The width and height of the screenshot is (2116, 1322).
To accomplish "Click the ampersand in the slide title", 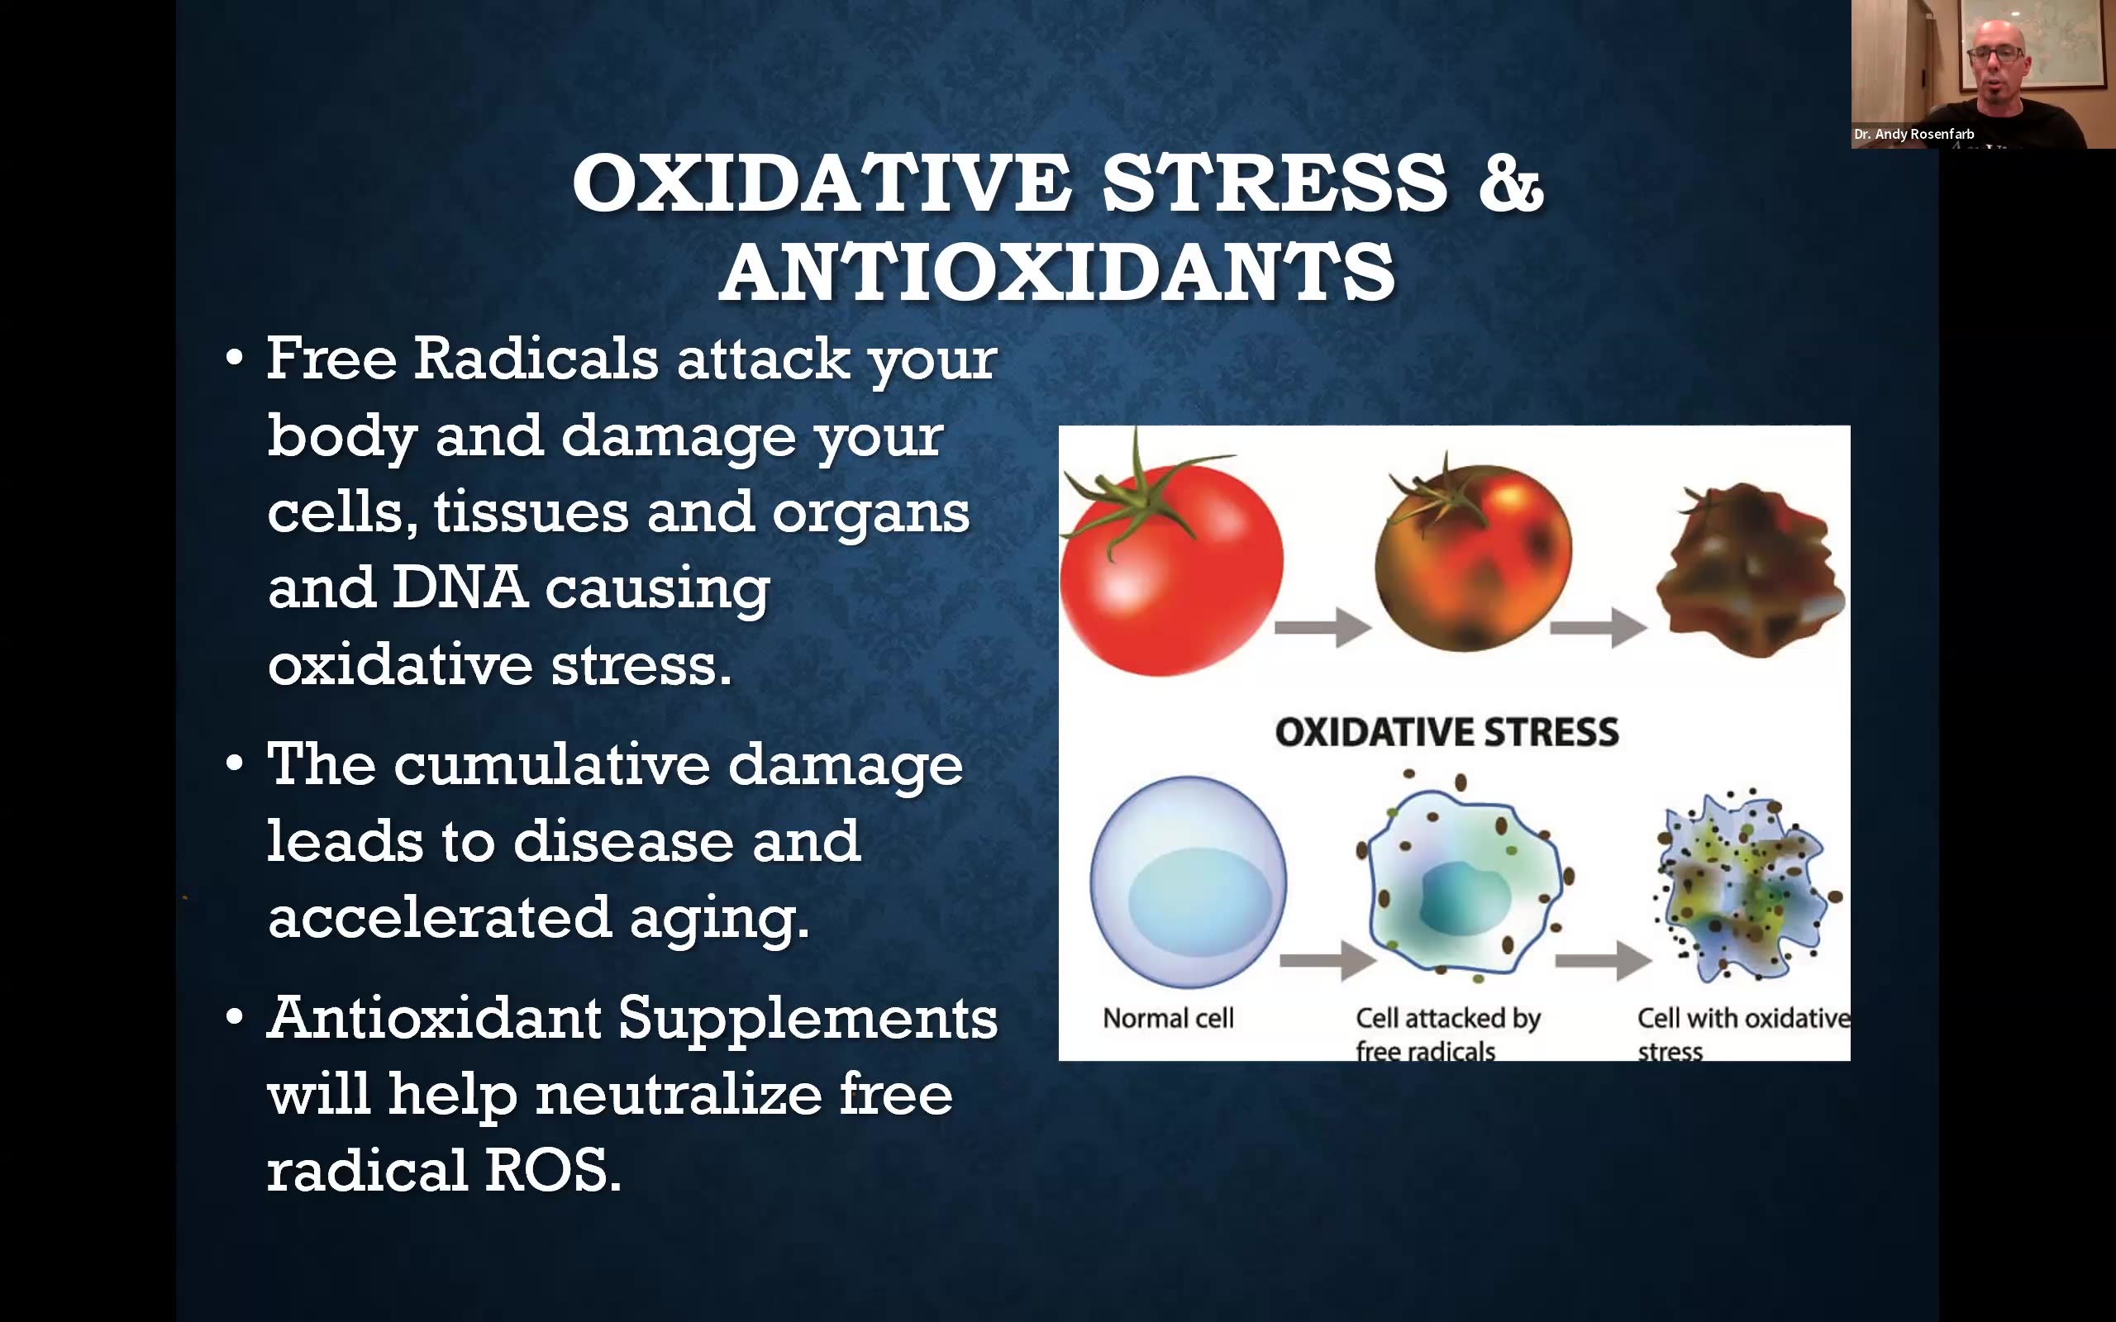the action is tap(1511, 183).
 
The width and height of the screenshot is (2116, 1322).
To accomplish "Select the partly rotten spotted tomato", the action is tap(1472, 554).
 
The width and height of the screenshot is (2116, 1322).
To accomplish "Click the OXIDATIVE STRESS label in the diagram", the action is tap(1447, 732).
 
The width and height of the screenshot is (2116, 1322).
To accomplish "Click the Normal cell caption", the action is tap(1168, 1019).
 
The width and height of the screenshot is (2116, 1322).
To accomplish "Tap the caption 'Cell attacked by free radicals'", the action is tap(1448, 1034).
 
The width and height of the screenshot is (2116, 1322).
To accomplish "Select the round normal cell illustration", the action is tap(1189, 883).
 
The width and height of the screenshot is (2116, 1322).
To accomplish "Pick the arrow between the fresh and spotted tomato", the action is tap(1322, 627).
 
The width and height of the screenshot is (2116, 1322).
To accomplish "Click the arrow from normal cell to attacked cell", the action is tap(1328, 961).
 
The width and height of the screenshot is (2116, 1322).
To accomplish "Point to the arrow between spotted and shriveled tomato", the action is tap(1599, 627).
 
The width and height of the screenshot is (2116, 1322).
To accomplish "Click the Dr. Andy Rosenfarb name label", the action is tap(1914, 134).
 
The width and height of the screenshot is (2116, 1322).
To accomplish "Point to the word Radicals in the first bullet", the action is tap(535, 359).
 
